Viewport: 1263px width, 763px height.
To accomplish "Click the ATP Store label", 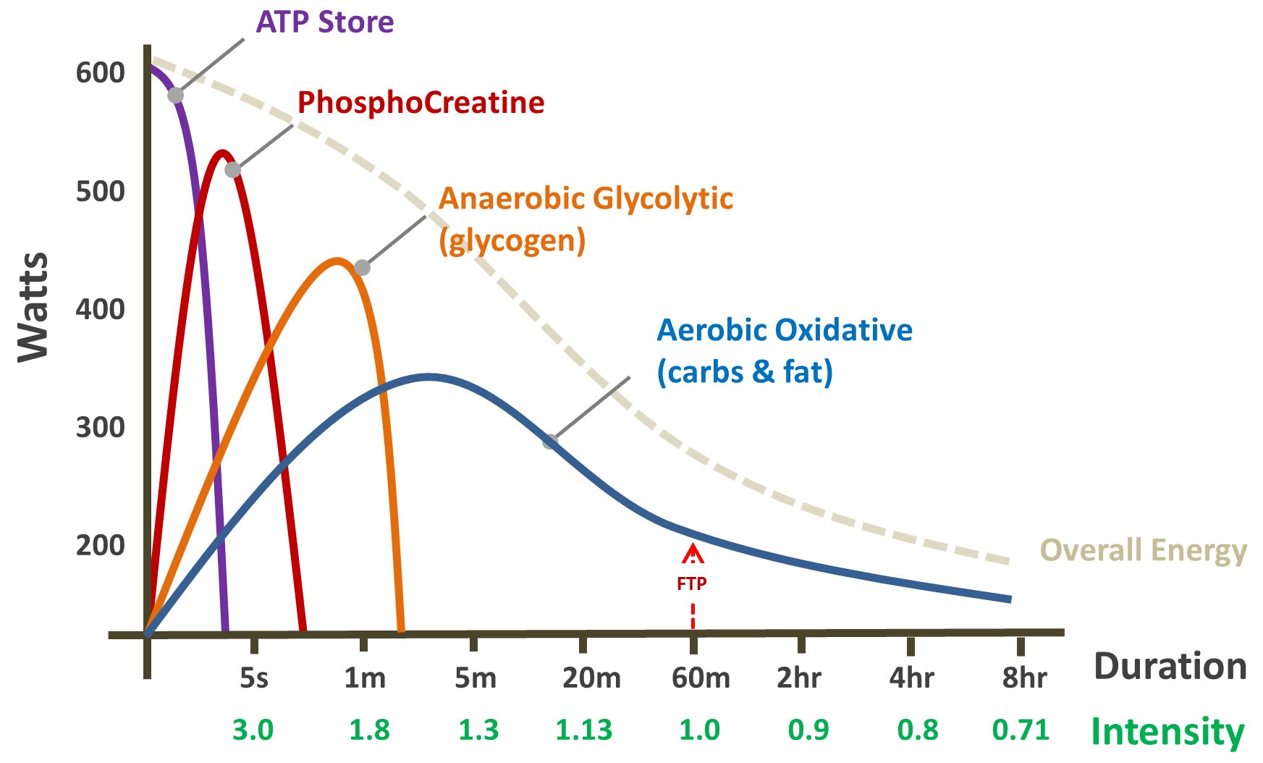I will click(325, 22).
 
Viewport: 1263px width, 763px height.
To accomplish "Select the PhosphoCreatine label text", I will click(421, 103).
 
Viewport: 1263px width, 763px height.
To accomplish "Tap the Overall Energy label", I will click(1143, 550).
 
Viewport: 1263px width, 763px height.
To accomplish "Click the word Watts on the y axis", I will click(33, 306).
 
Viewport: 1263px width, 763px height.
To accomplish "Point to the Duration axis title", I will click(1170, 666).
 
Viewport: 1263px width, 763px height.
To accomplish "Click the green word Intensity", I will click(1167, 731).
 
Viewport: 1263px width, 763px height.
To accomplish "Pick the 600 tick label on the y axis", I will click(100, 72).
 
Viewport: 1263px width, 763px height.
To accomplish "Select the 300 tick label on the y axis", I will click(100, 427).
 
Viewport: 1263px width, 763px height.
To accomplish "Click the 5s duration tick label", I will click(254, 678).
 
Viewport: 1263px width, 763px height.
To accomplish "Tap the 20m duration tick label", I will click(591, 678).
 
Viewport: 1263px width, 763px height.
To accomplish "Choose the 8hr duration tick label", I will click(1024, 678).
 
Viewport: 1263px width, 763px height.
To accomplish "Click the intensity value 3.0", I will click(253, 730).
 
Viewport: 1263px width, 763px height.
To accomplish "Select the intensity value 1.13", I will click(583, 730).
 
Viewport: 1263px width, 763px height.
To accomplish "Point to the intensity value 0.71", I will click(1021, 730).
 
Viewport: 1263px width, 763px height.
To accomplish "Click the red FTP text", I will click(691, 583).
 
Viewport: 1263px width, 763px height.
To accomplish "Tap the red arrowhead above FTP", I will click(693, 554).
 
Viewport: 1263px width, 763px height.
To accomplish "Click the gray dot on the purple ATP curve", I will click(175, 96).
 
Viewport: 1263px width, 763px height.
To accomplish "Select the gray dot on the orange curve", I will click(362, 268).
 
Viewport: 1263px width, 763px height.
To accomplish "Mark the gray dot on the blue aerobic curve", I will click(550, 442).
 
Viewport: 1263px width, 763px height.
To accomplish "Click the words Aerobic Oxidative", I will click(784, 330).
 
